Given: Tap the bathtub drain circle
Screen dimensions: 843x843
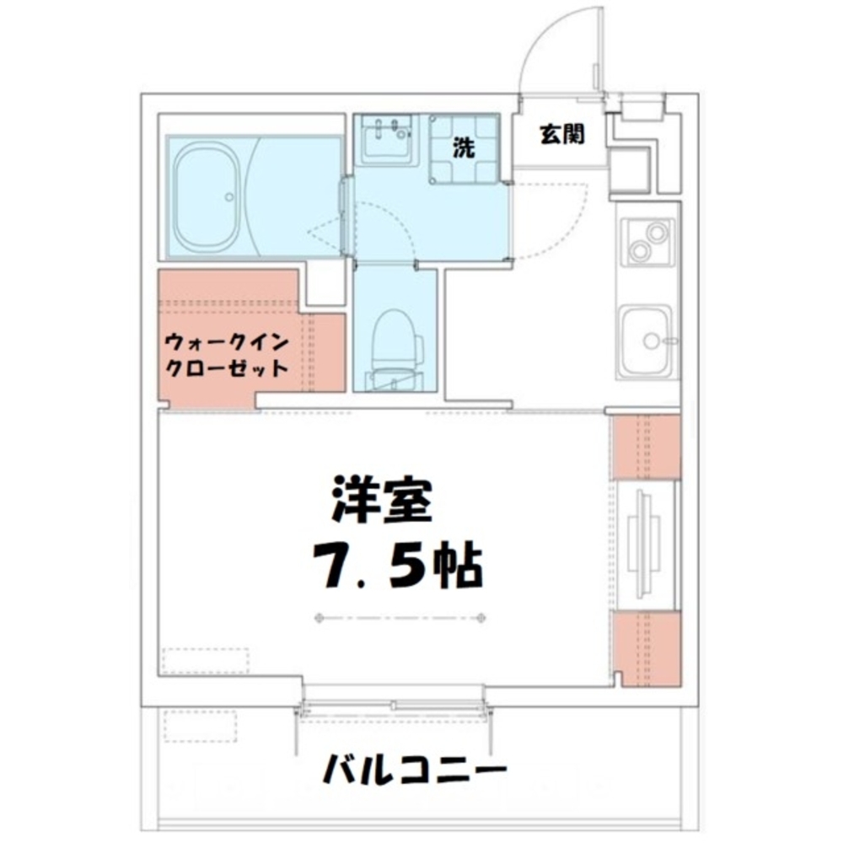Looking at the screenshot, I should pos(228,197).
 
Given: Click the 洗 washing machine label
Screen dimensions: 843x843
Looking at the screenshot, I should pos(464,148).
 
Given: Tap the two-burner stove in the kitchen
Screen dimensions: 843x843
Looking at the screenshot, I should pos(647,241).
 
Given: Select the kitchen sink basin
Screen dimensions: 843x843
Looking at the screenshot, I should pos(646,340).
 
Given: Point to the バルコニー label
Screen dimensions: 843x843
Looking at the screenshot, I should pos(415,768).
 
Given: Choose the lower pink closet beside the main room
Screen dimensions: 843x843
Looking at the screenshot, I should pos(646,647).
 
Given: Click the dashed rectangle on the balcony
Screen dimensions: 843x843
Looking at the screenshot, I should pos(201,726).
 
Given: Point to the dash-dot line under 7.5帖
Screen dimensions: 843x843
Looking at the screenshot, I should pos(400,619).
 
